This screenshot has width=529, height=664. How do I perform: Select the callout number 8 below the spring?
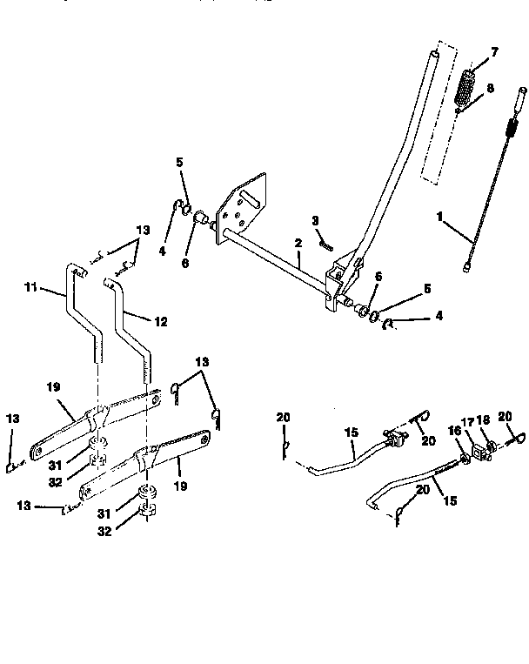pyautogui.click(x=490, y=88)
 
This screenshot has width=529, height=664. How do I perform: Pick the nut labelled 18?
pyautogui.click(x=492, y=448)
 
